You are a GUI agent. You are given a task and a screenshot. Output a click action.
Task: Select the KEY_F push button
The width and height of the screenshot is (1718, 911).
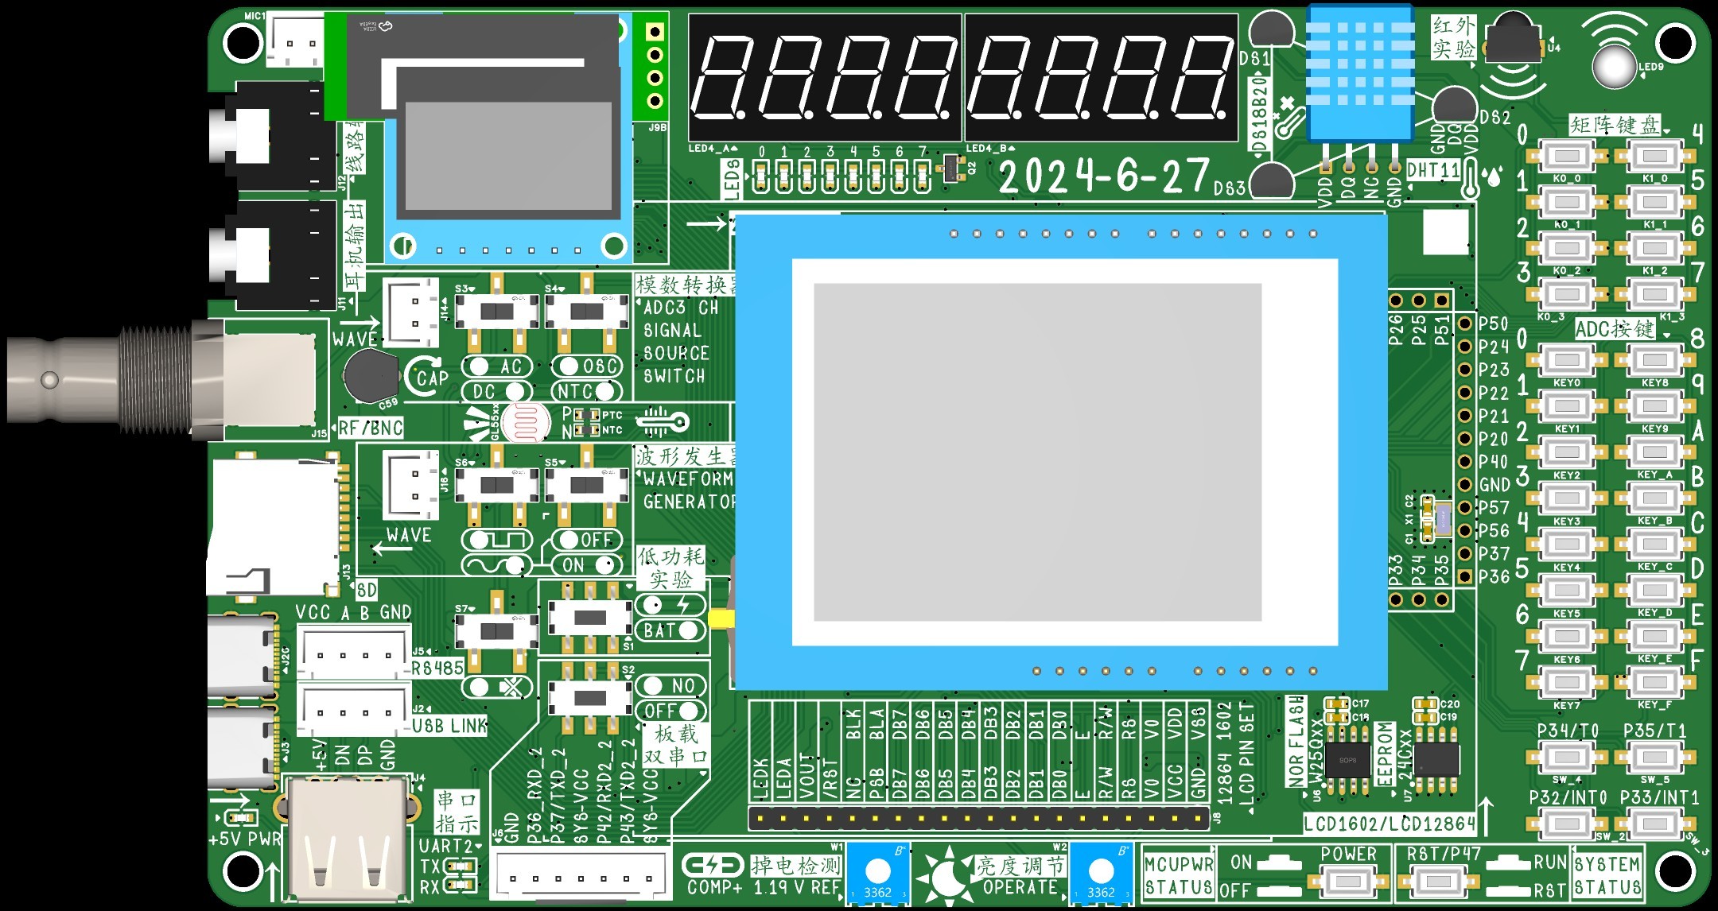coord(1654,682)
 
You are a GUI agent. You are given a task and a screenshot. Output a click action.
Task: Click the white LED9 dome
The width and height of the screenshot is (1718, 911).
coord(1615,67)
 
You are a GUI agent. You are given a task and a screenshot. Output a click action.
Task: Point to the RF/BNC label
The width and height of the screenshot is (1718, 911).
coord(371,428)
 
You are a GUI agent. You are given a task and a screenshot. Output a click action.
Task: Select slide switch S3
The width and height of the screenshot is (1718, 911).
coord(497,311)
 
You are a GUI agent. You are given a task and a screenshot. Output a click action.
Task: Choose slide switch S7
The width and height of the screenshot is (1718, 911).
coord(497,632)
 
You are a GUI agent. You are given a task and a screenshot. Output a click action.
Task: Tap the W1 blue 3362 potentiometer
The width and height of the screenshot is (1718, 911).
coord(877,872)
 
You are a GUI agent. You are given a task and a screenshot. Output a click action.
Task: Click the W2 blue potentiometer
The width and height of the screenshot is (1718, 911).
coord(1101,872)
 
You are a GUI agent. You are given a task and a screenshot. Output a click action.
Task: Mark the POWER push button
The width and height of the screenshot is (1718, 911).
coord(1348,881)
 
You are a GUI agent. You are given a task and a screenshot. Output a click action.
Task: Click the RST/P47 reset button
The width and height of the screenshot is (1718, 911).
coord(1438,881)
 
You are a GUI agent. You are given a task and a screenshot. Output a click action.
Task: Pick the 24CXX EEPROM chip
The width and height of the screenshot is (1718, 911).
coord(1436,760)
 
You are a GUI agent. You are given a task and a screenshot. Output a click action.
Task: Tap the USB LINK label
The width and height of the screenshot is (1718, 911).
coord(449,726)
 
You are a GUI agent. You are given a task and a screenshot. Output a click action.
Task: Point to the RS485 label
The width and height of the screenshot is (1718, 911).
coord(437,668)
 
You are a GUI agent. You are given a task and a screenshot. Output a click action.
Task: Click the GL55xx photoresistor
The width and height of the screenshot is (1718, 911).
coord(526,421)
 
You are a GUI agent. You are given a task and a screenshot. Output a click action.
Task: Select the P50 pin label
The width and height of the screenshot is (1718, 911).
coord(1493,324)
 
